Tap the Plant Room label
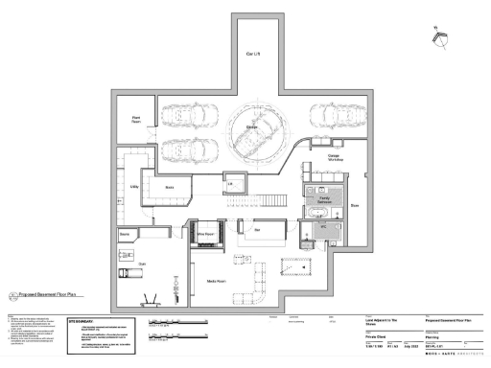(136, 120)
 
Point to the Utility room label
(132, 189)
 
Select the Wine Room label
(204, 233)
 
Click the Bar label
(257, 230)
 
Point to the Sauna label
(125, 234)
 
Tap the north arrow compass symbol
(442, 36)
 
